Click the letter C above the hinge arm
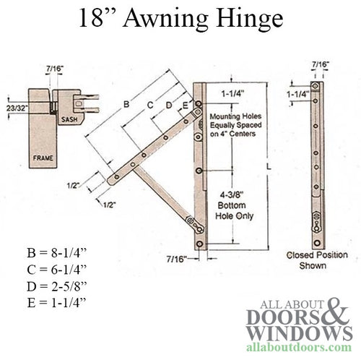click(149, 105)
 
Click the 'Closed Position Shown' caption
click(317, 260)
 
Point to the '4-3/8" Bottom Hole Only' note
click(233, 205)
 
